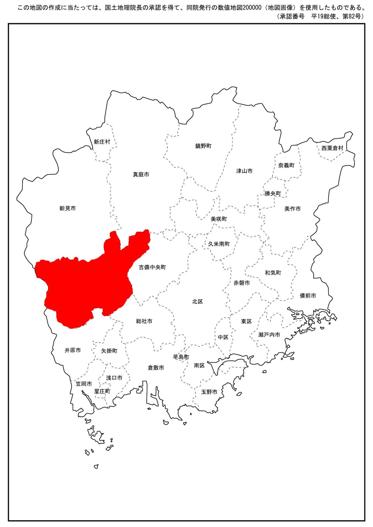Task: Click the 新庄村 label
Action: pos(102,142)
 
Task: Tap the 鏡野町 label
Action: pos(203,146)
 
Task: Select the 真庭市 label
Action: pos(141,175)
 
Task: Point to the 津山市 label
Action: pos(244,171)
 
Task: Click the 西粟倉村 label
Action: pos(332,148)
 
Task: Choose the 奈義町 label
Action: pos(286,165)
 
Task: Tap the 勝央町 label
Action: pos(273,194)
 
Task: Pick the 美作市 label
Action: pos(293,209)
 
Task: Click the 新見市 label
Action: pos(68,208)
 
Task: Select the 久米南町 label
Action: pos(219,244)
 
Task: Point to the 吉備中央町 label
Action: pos(152,267)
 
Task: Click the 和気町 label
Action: pos(273,273)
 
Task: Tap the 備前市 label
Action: pos(308,296)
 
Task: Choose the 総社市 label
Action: pos(144,321)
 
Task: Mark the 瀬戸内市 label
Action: pos(269,335)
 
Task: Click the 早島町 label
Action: pos(181,357)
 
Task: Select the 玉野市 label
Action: pos(209,392)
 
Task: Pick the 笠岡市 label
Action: pos(84,384)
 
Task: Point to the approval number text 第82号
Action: pos(353,16)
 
